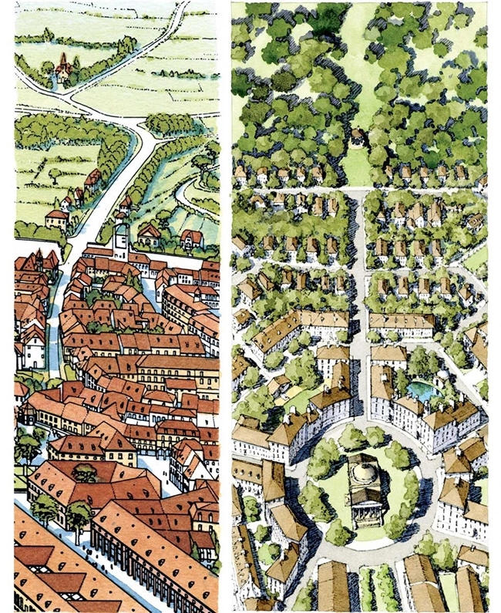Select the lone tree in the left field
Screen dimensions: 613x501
click(55, 174)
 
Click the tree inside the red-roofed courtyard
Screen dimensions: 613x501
click(84, 471)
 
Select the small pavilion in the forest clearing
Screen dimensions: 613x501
click(357, 138)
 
